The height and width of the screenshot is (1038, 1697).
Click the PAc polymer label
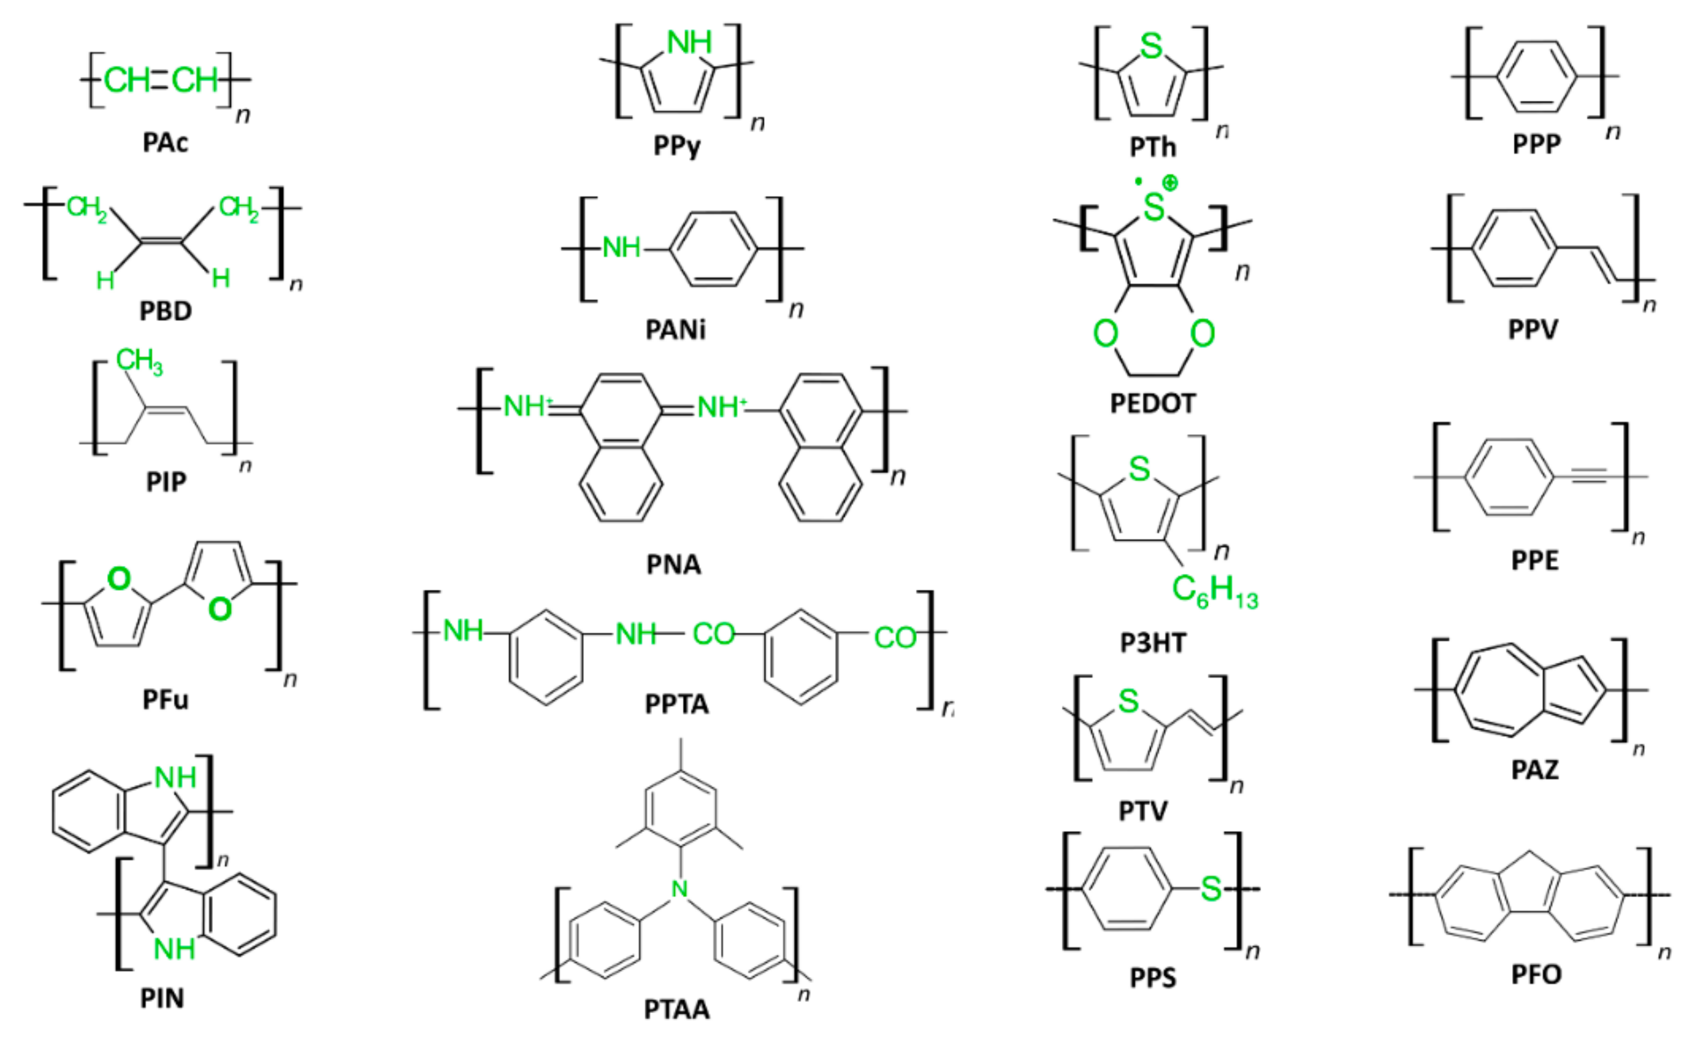point(165,142)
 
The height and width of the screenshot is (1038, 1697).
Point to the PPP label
point(1536,144)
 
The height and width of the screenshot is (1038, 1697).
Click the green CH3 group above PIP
point(139,361)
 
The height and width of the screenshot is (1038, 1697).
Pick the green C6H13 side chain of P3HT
point(1215,591)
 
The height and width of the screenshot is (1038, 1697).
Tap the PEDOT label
point(1152,403)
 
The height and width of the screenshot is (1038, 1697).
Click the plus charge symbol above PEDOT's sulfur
point(1169,183)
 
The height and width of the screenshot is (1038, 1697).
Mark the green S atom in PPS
point(1211,889)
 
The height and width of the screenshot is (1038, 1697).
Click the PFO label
point(1536,975)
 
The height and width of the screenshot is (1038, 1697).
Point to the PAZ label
point(1535,769)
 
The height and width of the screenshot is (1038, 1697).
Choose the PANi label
point(675,330)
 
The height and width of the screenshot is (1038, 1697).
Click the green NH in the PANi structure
point(621,248)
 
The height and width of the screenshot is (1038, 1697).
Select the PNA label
point(674,564)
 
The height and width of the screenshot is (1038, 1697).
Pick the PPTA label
point(677,704)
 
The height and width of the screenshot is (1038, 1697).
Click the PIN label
point(162,998)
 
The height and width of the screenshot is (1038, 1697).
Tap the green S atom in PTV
point(1128,702)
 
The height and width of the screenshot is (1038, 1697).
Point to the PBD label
point(165,311)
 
